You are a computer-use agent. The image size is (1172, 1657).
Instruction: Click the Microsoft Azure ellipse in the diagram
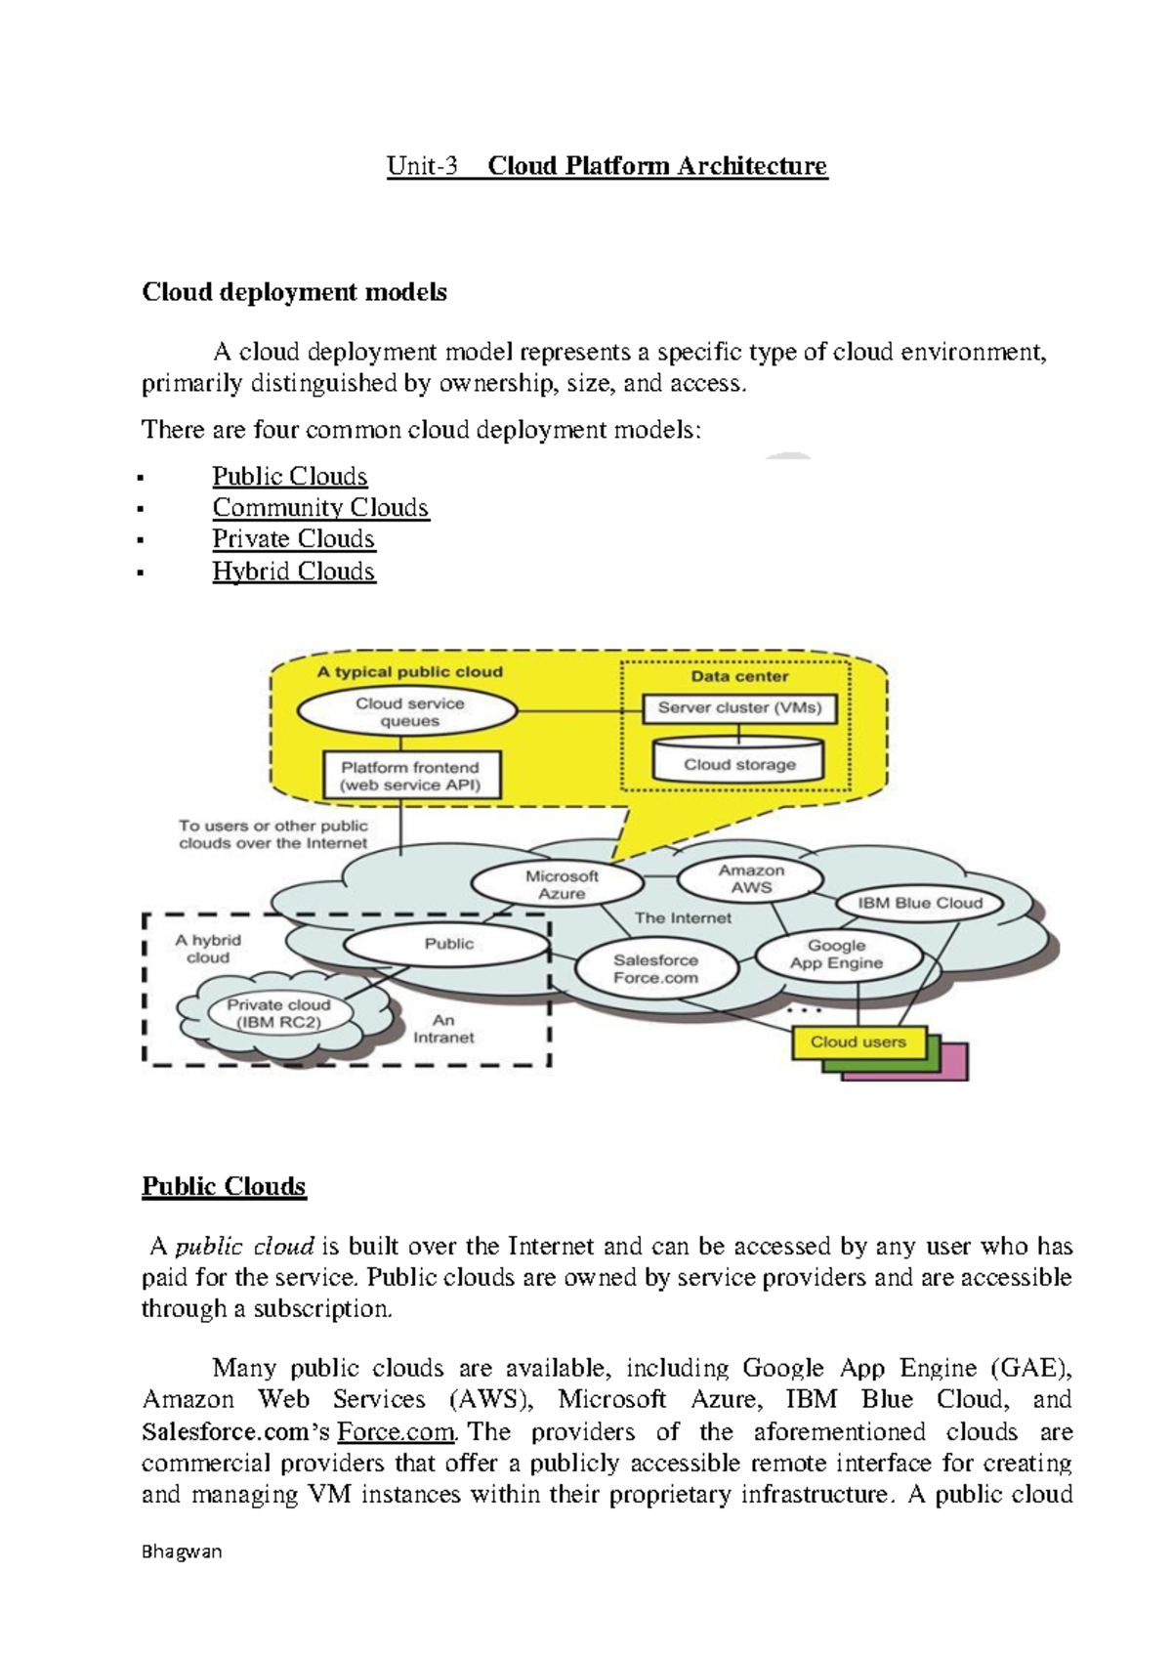[558, 884]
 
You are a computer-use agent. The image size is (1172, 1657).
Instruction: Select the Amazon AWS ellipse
[750, 879]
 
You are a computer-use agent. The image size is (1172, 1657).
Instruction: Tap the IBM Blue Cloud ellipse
[919, 904]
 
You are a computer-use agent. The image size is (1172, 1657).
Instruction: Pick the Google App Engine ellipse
[837, 955]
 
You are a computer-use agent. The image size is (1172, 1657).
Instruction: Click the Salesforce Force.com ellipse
[655, 969]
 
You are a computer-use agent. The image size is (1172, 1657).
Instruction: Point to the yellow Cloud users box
[858, 1042]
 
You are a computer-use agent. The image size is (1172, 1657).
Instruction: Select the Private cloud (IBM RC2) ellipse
[278, 1013]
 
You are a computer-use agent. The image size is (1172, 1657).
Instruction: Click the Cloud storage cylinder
[739, 765]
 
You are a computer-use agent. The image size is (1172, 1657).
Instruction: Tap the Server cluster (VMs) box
[739, 708]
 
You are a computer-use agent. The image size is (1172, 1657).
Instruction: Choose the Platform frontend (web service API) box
[410, 776]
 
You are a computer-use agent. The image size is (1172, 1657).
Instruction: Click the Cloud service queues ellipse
[408, 712]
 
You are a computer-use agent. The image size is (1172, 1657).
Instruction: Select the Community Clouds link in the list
[320, 508]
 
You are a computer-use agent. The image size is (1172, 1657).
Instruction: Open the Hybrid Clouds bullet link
[293, 572]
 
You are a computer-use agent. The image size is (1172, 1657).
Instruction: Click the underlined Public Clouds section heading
[224, 1186]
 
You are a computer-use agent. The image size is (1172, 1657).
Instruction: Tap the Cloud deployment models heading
[294, 292]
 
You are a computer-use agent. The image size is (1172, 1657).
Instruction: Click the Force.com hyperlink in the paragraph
[396, 1432]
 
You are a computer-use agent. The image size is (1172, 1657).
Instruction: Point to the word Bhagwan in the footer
[182, 1551]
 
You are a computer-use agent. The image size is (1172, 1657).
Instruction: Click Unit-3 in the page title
[422, 166]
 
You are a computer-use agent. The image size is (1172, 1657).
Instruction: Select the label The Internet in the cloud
[683, 918]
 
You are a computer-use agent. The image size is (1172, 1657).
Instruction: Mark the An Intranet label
[443, 1029]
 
